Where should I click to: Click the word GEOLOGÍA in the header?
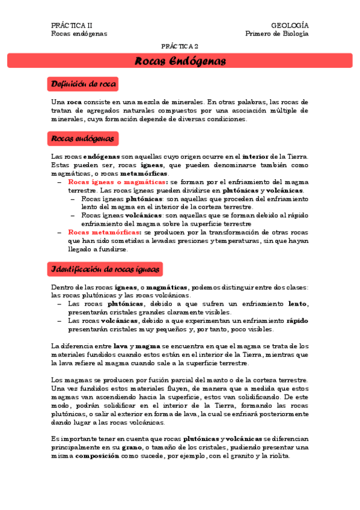290,25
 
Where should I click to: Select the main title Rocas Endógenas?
180,61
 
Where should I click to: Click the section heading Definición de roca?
84,84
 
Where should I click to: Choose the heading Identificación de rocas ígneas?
106,268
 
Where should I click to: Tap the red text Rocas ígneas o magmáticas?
118,182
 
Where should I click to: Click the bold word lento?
298,304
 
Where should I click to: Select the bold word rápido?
297,321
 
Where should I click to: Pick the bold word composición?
97,456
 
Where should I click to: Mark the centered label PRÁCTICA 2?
180,46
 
